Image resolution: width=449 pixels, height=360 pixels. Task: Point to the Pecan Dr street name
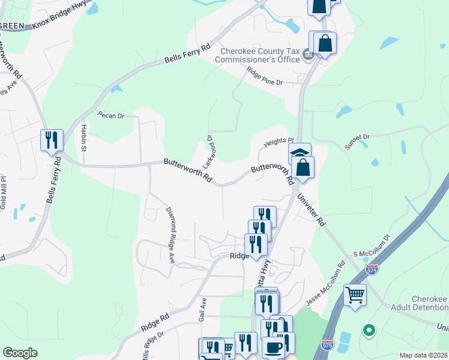110,115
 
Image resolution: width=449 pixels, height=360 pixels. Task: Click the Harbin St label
83,141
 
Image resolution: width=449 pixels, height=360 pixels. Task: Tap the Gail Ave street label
203,309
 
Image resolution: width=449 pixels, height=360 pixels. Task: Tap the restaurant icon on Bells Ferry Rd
51,140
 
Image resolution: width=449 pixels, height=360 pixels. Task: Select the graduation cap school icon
300,153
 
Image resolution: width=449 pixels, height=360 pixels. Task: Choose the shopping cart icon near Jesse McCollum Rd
355,295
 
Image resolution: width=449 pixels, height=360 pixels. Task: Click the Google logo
20,353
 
